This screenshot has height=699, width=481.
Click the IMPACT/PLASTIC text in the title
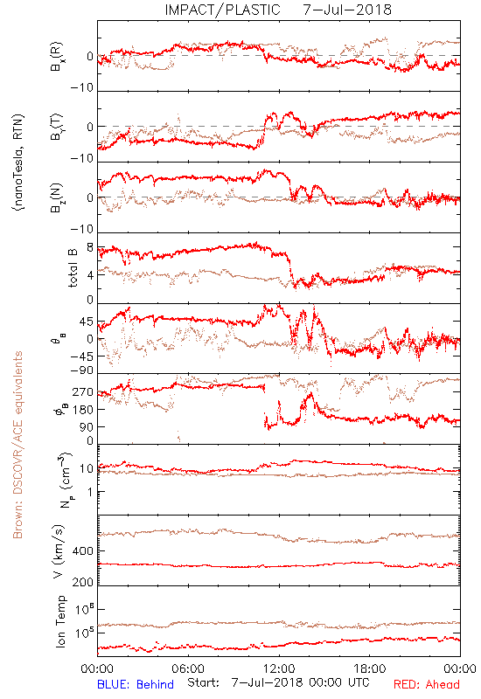pyautogui.click(x=222, y=10)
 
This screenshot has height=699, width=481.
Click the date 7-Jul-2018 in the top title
pyautogui.click(x=347, y=10)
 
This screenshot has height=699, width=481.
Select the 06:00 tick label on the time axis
pyautogui.click(x=188, y=668)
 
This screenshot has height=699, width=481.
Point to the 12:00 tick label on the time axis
pyautogui.click(x=279, y=668)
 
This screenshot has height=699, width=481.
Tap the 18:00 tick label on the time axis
pyautogui.click(x=369, y=668)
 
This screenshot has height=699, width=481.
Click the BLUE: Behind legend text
pyautogui.click(x=136, y=684)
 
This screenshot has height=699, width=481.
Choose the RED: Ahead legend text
pyautogui.click(x=426, y=684)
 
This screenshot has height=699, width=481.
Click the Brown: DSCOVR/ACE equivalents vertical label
pyautogui.click(x=17, y=445)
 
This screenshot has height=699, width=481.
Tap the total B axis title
pyautogui.click(x=73, y=268)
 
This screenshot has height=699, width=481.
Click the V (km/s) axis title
pyautogui.click(x=59, y=551)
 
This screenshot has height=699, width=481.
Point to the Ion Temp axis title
pyautogui.click(x=60, y=621)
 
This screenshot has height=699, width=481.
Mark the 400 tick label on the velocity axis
pyautogui.click(x=82, y=551)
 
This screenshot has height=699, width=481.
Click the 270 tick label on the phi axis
pyautogui.click(x=82, y=392)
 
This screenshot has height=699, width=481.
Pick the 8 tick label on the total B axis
pyautogui.click(x=90, y=248)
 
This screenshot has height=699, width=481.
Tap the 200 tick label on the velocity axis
pyautogui.click(x=82, y=582)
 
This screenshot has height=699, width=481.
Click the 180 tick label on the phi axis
pyautogui.click(x=82, y=410)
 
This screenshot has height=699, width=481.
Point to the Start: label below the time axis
pyautogui.click(x=204, y=683)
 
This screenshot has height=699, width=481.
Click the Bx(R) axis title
pyautogui.click(x=58, y=57)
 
